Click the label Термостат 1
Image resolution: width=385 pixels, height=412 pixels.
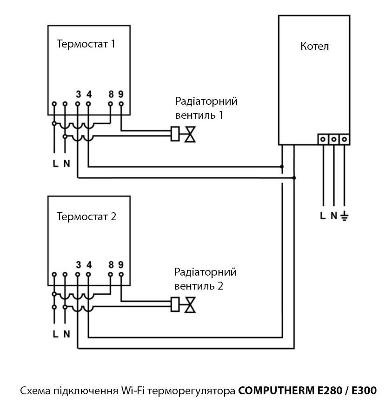(86, 44)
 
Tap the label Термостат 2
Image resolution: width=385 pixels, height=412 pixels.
(86, 216)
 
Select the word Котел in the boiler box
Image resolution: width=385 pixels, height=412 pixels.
(314, 46)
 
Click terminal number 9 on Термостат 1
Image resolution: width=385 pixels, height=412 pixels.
(121, 94)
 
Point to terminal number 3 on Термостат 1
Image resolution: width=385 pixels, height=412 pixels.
(78, 94)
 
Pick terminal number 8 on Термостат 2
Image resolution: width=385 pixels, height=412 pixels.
(111, 264)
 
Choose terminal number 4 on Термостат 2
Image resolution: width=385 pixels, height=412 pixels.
(89, 264)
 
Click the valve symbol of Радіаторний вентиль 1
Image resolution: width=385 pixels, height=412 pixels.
(190, 135)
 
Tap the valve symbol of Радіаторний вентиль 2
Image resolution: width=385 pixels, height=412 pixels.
(190, 305)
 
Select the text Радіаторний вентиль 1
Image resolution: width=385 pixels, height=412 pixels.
(206, 108)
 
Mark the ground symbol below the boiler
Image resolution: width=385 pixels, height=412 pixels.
(344, 216)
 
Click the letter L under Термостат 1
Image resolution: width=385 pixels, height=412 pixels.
(55, 163)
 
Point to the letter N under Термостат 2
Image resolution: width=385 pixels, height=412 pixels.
(66, 333)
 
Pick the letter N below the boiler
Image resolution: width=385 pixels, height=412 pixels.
(333, 216)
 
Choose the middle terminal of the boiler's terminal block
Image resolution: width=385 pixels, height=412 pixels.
(333, 139)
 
